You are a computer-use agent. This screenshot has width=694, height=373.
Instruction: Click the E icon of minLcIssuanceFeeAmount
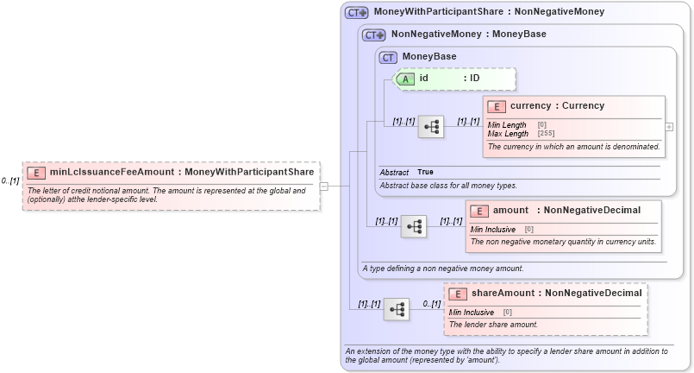[37, 172]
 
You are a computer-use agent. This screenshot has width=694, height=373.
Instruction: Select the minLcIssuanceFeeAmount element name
[116, 172]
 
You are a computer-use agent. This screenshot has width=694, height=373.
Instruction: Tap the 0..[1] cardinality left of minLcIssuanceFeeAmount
[10, 180]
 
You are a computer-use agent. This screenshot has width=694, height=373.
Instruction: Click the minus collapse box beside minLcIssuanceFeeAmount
[323, 185]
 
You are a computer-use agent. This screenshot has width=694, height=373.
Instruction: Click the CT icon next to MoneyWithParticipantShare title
[356, 13]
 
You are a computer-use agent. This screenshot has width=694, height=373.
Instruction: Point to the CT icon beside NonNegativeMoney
[373, 35]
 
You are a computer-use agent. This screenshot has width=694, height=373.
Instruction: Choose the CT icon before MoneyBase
[389, 57]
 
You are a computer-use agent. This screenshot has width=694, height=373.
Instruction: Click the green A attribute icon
[405, 79]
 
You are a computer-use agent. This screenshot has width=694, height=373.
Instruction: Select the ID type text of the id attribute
[475, 79]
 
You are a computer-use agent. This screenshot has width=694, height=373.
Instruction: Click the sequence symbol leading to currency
[431, 127]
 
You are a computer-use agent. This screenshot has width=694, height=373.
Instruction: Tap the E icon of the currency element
[497, 106]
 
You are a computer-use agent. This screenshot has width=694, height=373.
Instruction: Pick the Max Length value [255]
[546, 134]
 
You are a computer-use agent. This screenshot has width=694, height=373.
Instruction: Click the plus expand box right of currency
[669, 126]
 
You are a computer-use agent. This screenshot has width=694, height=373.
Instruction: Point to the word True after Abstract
[426, 173]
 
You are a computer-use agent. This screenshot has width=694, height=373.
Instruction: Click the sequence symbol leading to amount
[414, 226]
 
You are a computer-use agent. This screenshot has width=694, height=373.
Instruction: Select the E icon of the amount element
[479, 211]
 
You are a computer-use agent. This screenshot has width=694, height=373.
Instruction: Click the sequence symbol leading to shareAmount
[397, 309]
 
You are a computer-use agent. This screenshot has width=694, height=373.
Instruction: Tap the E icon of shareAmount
[458, 294]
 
